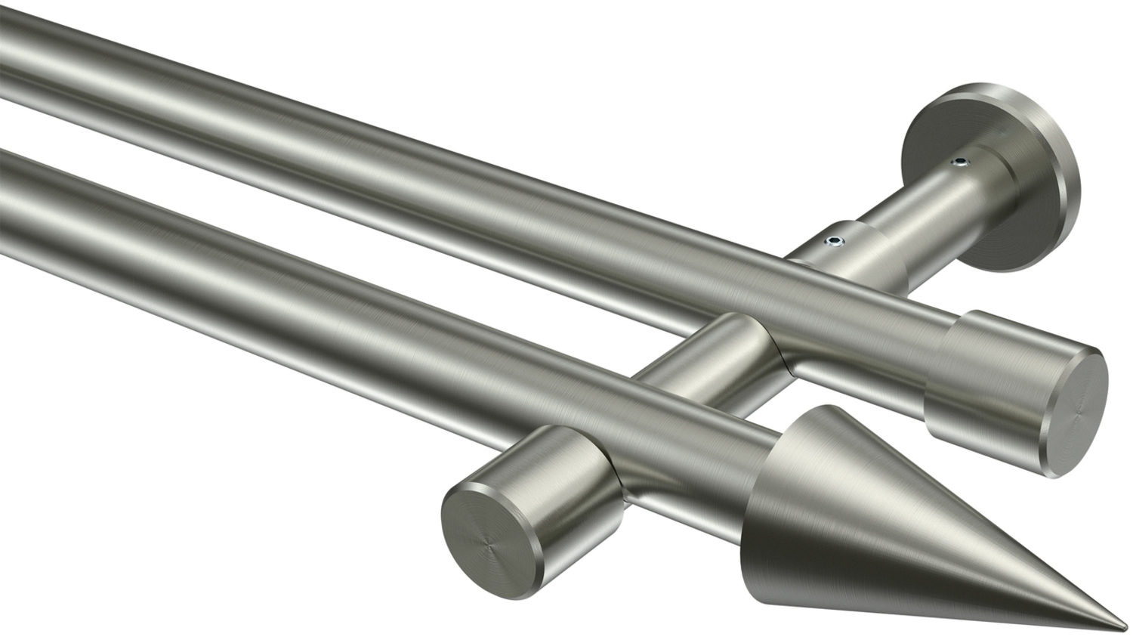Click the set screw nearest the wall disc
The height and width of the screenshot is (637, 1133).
click(x=959, y=161)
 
